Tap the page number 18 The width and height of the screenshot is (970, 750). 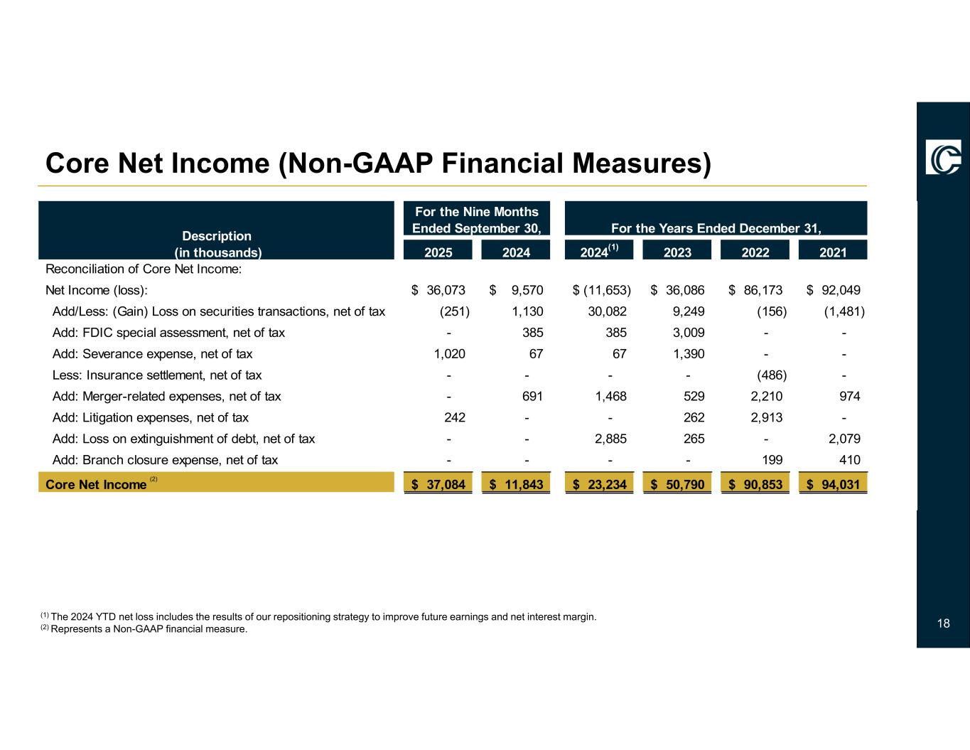943,624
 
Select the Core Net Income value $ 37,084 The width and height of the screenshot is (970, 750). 438,485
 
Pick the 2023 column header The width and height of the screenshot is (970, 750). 677,252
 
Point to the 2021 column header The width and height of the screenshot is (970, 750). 833,252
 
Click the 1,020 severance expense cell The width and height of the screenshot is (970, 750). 451,354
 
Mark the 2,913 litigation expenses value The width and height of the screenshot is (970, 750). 767,418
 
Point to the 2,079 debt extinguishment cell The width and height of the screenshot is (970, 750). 845,439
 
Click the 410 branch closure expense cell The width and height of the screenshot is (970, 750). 850,461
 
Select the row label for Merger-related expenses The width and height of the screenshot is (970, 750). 167,397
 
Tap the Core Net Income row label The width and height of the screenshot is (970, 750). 96,485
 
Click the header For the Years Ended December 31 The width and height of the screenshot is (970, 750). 716,228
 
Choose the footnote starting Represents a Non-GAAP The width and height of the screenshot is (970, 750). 149,629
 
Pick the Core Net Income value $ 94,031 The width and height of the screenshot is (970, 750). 834,485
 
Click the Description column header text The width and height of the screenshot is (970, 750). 218,236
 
